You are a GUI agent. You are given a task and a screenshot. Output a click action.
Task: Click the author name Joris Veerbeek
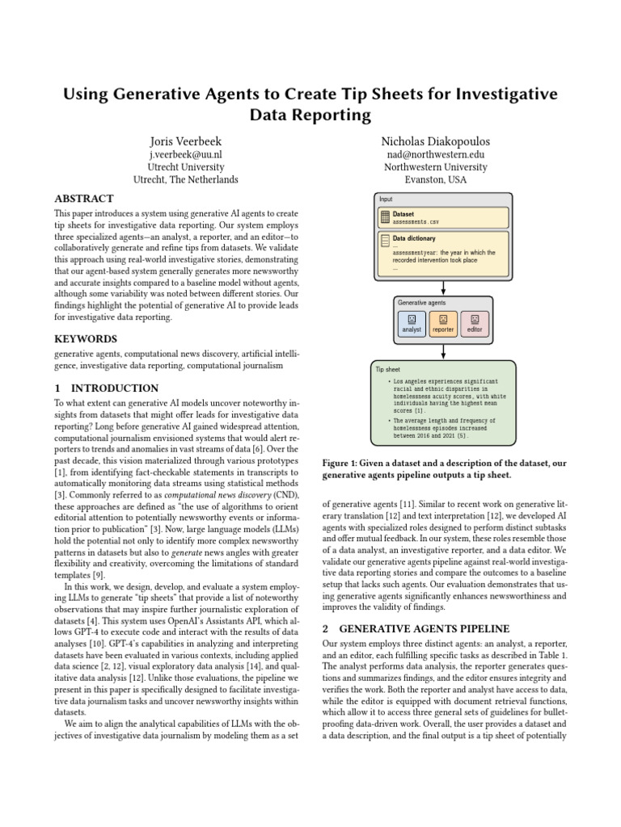tap(185, 141)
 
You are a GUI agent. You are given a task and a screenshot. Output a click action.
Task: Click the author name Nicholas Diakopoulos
tap(443, 141)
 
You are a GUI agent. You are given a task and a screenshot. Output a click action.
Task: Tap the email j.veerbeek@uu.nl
tap(185, 154)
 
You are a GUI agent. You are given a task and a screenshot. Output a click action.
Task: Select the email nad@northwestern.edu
tap(443, 154)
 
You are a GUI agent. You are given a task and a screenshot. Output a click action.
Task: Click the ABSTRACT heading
tap(83, 198)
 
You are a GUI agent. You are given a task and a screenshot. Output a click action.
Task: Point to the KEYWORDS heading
tap(85, 339)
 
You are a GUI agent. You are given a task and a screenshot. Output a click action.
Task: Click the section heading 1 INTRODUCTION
tap(106, 388)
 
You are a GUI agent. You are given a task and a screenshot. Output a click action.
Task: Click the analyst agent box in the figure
tap(412, 323)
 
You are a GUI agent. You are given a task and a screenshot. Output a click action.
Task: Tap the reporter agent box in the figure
tap(443, 323)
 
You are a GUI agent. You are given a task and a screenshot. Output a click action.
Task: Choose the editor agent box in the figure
tap(475, 323)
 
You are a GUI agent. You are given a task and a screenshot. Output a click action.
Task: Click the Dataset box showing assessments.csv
tap(443, 216)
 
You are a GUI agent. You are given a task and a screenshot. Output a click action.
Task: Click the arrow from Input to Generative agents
tap(443, 288)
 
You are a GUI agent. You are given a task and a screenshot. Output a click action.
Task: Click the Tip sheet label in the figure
tap(384, 368)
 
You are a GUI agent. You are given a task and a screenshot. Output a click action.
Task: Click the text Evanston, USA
tap(443, 180)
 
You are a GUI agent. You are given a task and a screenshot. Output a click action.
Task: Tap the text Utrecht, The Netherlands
tap(185, 180)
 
